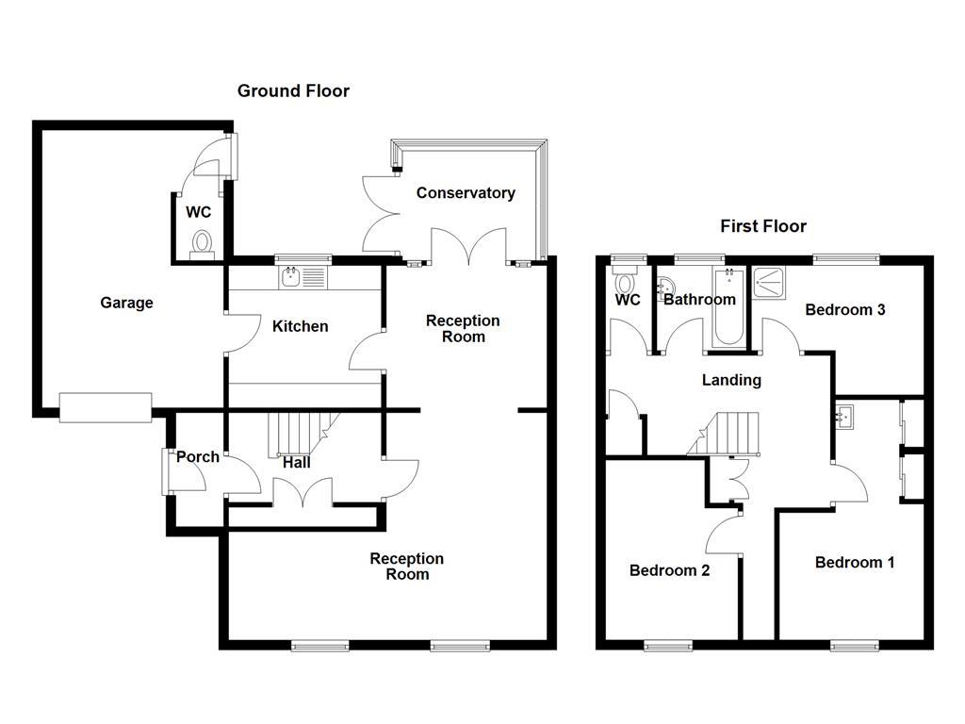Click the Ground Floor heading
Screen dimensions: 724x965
point(293,90)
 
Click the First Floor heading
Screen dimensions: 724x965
point(763,226)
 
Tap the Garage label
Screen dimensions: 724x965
point(126,303)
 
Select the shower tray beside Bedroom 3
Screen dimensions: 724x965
point(775,281)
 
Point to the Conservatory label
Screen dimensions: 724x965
point(466,192)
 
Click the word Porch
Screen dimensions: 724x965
point(198,456)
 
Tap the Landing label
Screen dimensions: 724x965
point(731,380)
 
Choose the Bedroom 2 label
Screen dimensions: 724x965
point(669,570)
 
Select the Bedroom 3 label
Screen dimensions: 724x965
point(844,309)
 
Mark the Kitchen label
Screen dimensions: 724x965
point(300,326)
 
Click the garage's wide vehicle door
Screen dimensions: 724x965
point(105,406)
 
